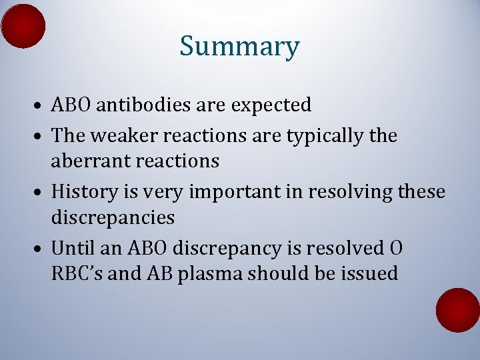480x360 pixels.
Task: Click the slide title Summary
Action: tap(239, 47)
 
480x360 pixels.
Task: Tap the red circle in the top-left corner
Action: tap(23, 26)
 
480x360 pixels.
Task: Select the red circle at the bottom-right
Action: tap(458, 310)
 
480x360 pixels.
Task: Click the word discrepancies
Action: tap(113, 217)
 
